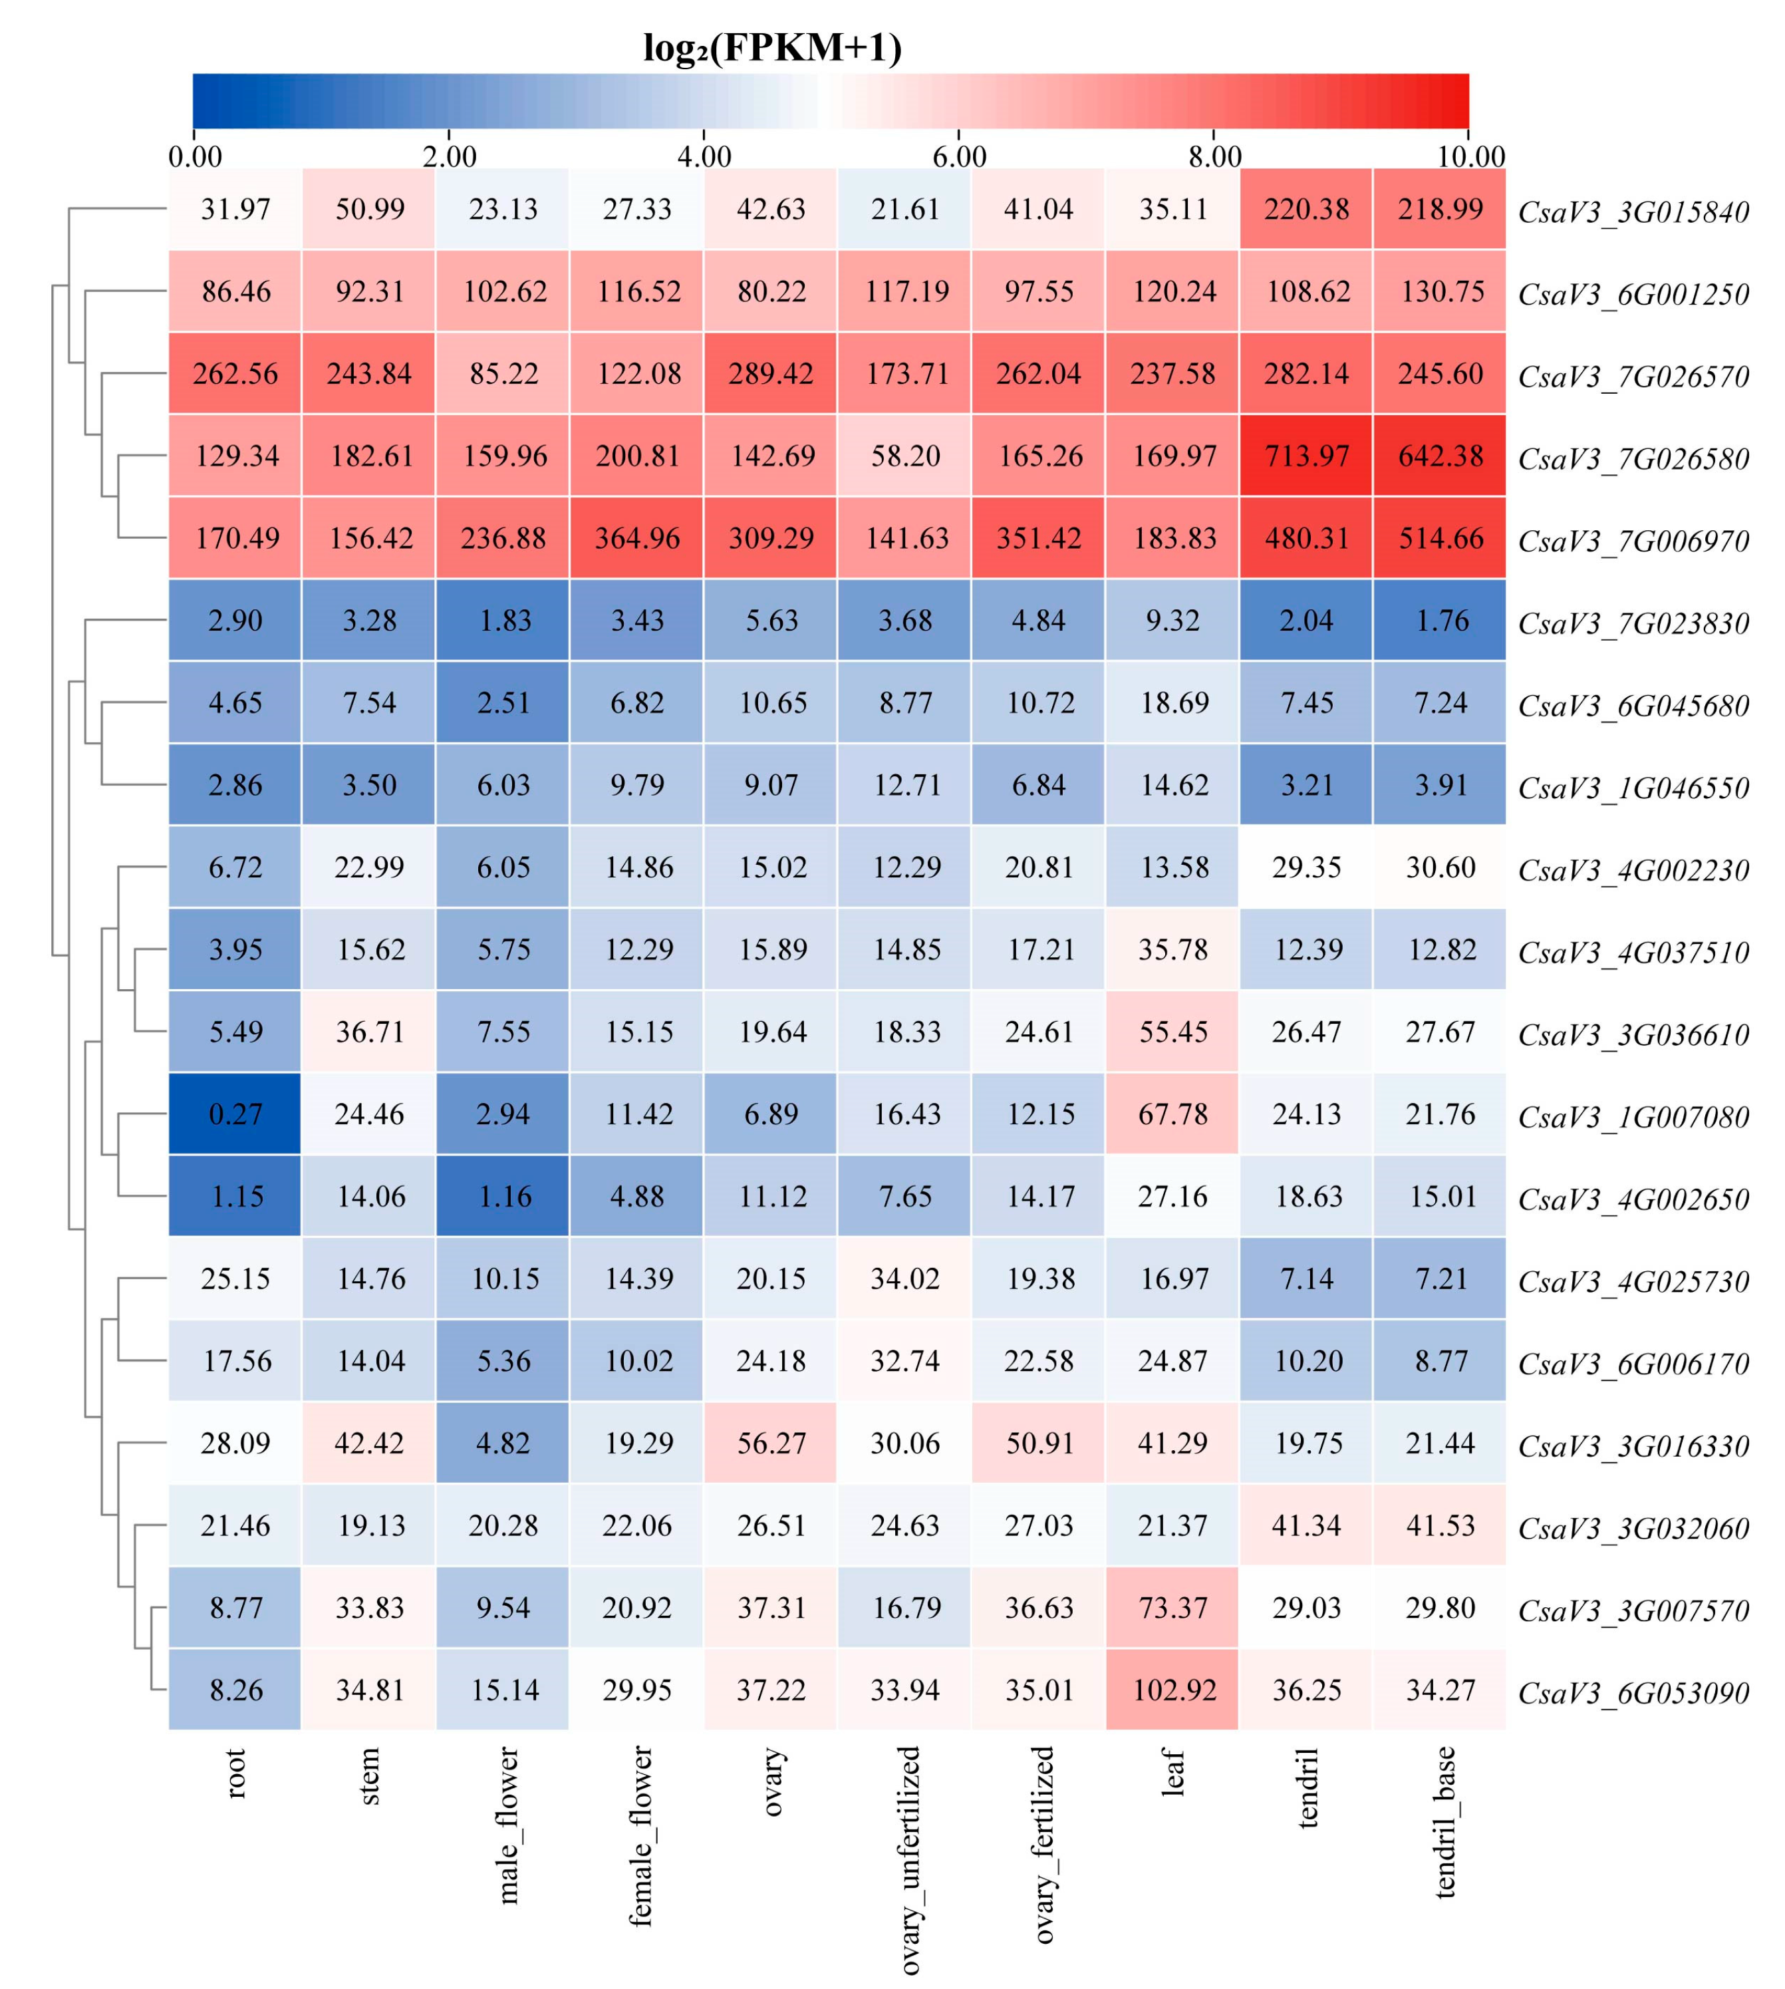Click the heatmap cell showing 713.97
[x=1305, y=456]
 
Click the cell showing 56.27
[x=771, y=1443]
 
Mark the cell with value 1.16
[x=503, y=1197]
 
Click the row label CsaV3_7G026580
[x=1633, y=459]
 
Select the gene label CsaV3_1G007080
[x=1633, y=1117]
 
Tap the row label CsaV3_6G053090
[x=1633, y=1693]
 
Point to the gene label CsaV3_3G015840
[x=1633, y=212]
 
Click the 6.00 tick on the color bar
[x=958, y=157]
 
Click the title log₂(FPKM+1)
[x=772, y=47]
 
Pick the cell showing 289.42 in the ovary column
[x=771, y=374]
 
